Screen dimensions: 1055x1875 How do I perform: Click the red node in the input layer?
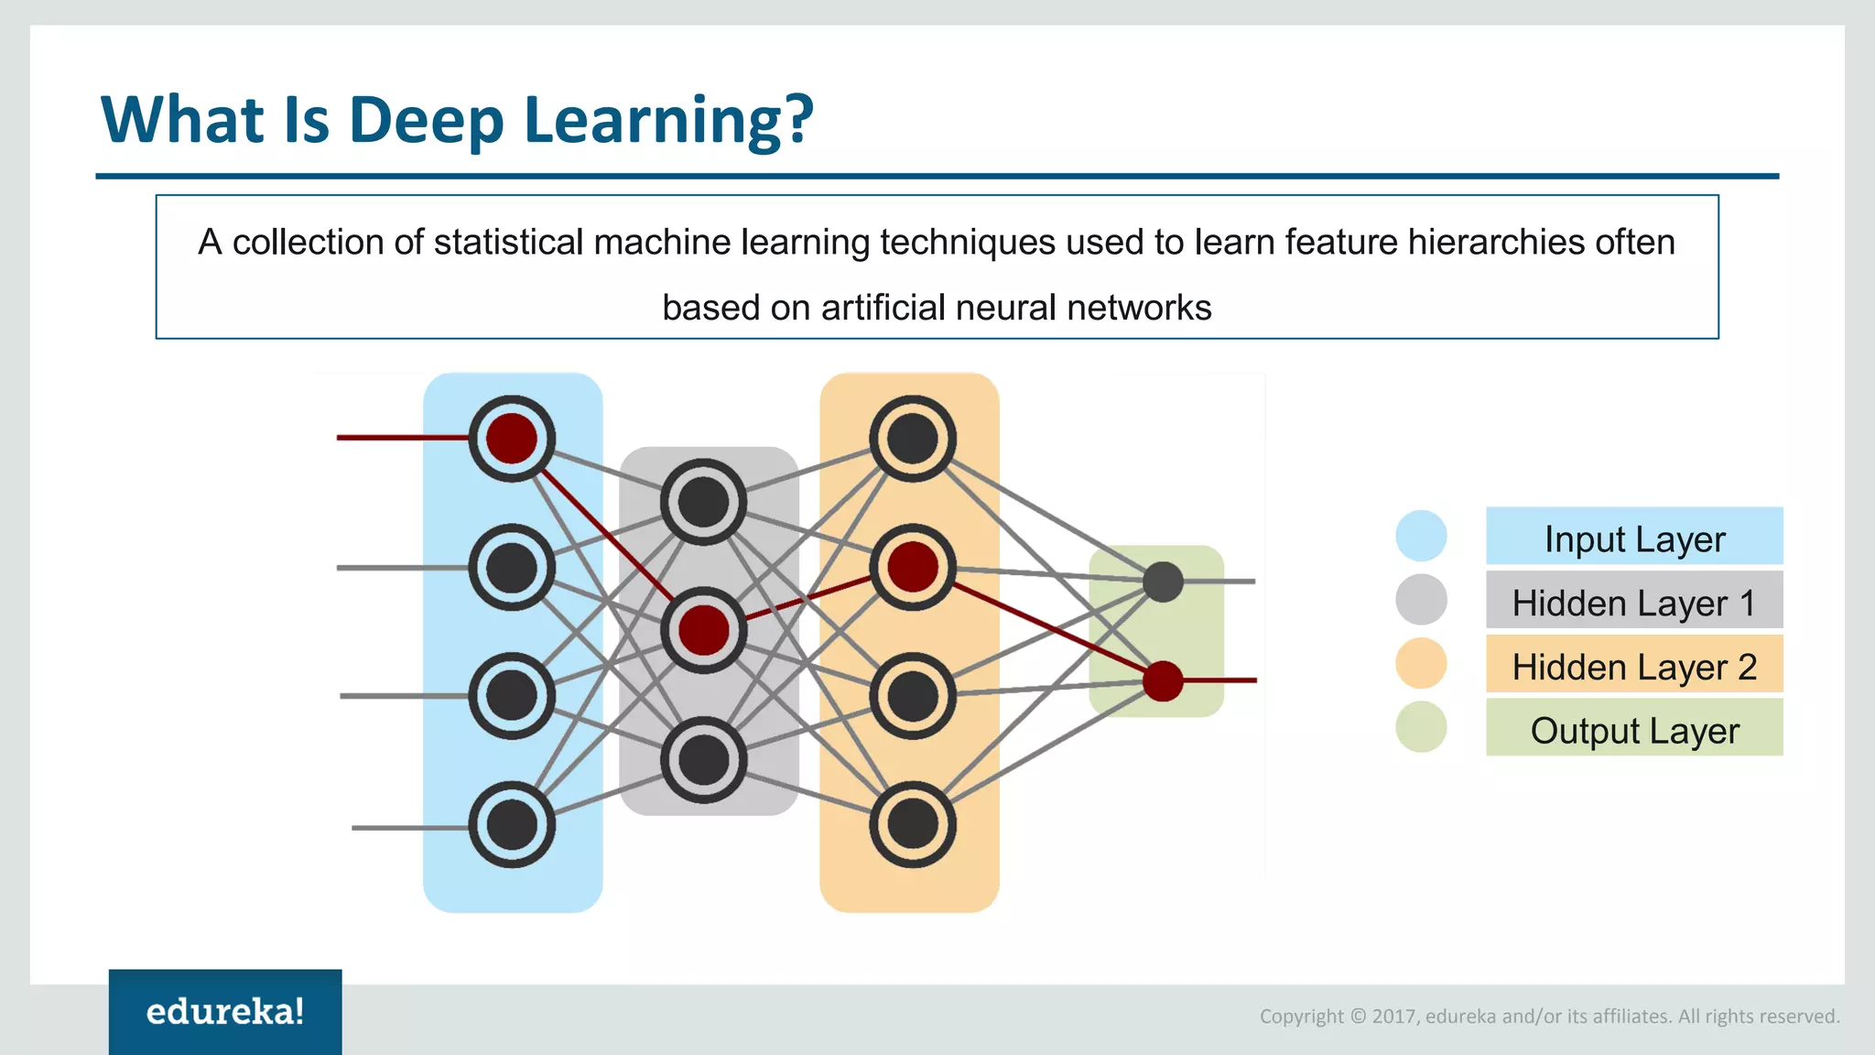point(512,439)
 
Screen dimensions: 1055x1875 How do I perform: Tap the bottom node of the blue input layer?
point(512,824)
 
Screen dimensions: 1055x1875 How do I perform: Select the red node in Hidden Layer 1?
point(703,630)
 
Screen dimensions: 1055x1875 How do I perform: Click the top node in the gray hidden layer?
point(703,502)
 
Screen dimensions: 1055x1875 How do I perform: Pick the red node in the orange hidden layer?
point(912,567)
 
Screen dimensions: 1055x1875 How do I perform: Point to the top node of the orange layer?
point(912,439)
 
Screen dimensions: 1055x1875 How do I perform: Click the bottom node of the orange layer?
point(912,824)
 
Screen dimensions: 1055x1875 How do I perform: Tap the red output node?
point(1163,681)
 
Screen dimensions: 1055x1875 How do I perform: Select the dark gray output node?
point(1163,582)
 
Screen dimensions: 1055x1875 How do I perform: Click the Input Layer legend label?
point(1634,538)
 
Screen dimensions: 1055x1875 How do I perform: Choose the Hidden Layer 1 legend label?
point(1634,603)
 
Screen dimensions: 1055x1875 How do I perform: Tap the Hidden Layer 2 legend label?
point(1634,666)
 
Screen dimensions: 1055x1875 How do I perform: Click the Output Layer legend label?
point(1634,730)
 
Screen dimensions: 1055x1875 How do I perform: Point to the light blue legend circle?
point(1421,536)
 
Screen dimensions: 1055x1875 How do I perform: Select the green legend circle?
point(1421,727)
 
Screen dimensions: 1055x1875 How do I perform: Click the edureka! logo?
point(225,1012)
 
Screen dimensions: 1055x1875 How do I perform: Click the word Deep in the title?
point(426,121)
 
